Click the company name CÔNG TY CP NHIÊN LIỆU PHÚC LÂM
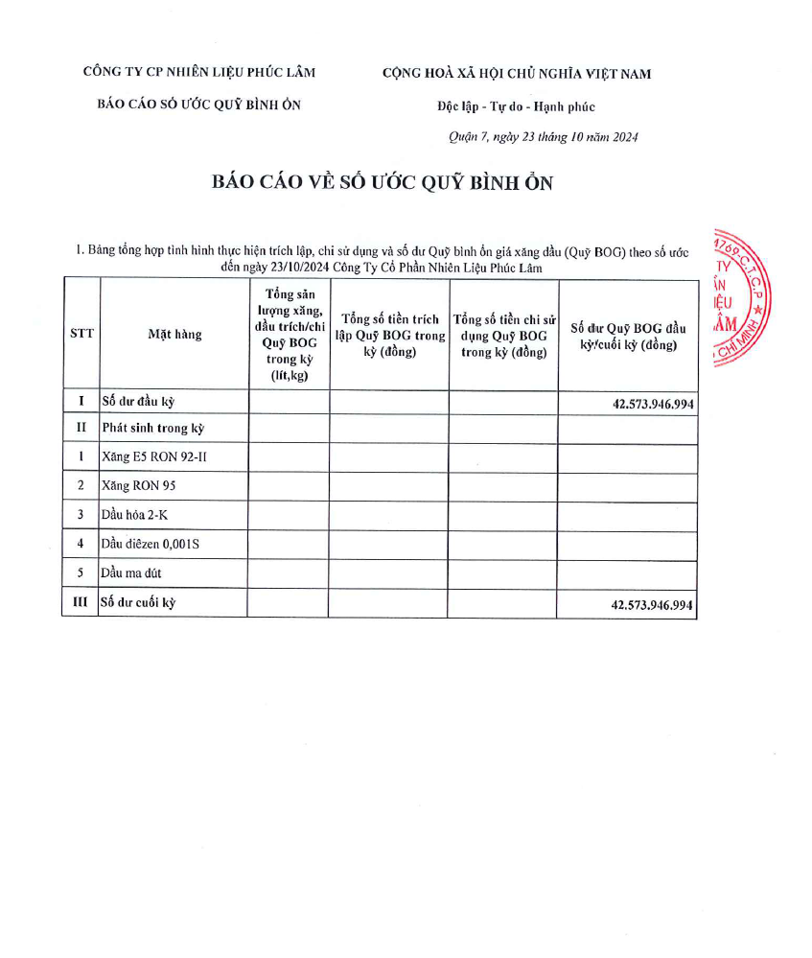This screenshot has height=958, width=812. pyautogui.click(x=199, y=72)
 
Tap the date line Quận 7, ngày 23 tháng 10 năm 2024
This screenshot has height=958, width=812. pyautogui.click(x=544, y=136)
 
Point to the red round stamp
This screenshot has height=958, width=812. pyautogui.click(x=743, y=298)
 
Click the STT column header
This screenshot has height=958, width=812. pyautogui.click(x=81, y=334)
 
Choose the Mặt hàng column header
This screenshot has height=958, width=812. pyautogui.click(x=174, y=335)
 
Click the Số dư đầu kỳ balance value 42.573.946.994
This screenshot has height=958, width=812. pyautogui.click(x=652, y=405)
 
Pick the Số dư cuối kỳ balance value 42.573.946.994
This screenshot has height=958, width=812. pyautogui.click(x=652, y=606)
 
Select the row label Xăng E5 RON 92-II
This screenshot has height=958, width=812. pyautogui.click(x=153, y=457)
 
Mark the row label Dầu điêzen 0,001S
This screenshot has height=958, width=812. pyautogui.click(x=150, y=545)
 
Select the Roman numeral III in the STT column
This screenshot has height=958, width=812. pyautogui.click(x=81, y=603)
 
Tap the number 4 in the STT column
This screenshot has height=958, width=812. pyautogui.click(x=81, y=545)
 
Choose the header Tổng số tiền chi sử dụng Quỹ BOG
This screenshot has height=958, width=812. pyautogui.click(x=503, y=335)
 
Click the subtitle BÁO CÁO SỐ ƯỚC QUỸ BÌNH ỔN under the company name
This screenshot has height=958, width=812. pyautogui.click(x=199, y=105)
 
